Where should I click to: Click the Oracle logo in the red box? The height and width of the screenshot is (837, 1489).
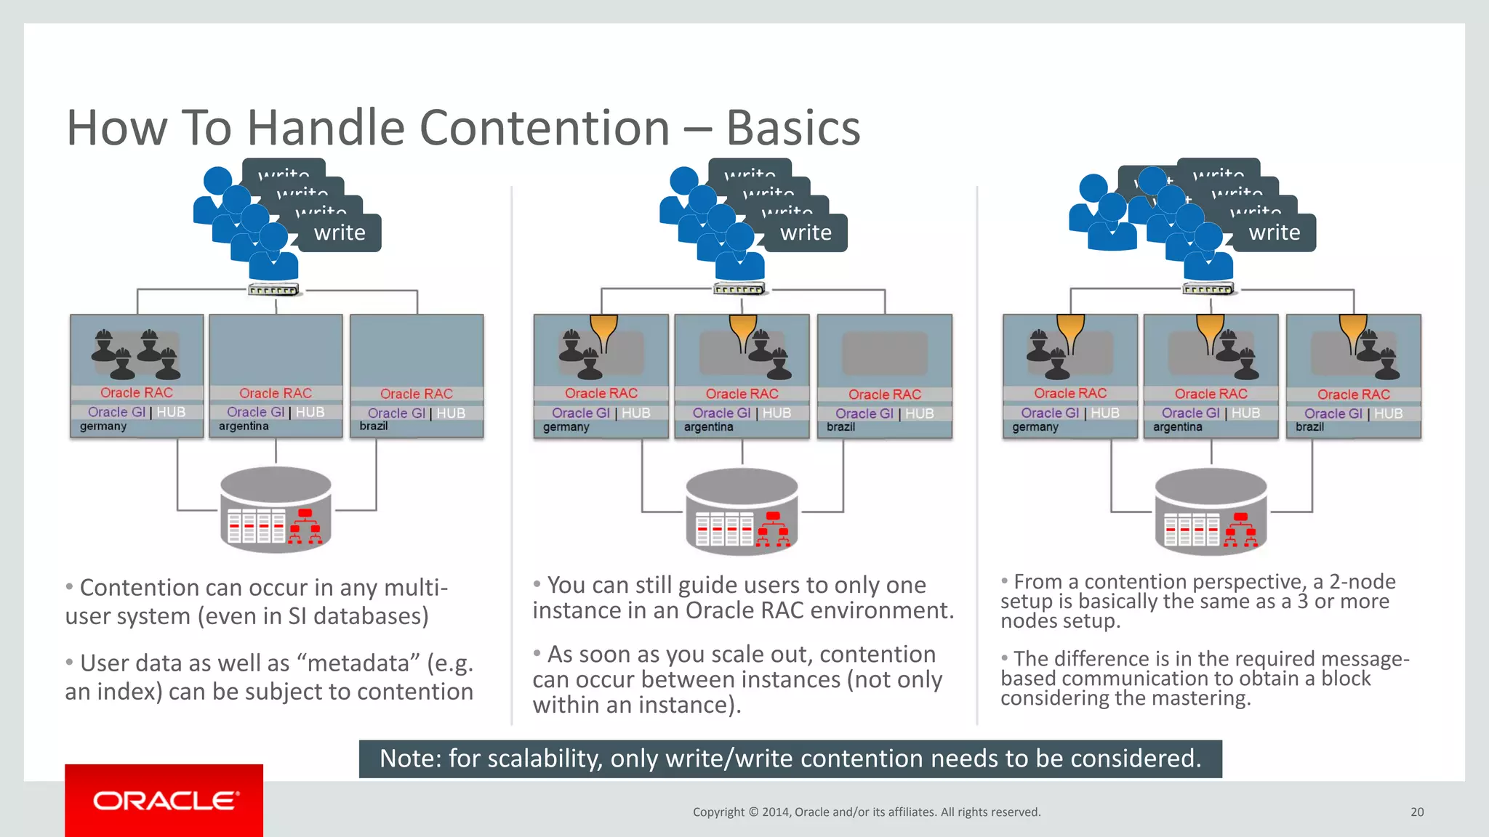(x=165, y=801)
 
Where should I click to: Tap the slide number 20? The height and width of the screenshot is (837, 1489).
(x=1417, y=812)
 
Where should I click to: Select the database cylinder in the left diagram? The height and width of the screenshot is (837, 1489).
(x=276, y=509)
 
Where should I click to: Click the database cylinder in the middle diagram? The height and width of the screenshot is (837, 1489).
(x=742, y=511)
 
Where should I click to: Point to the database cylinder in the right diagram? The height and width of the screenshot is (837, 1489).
(x=1211, y=511)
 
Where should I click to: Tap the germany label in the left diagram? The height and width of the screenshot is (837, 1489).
(x=103, y=426)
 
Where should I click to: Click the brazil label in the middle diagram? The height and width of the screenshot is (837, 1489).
(x=840, y=427)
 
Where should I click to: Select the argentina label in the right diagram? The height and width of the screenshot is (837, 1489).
(x=1177, y=427)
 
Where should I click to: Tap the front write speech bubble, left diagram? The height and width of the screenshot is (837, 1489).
(x=340, y=233)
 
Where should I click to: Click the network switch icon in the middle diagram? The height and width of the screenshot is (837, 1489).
(x=739, y=289)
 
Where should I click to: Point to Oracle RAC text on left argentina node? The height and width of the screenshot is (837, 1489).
(x=276, y=393)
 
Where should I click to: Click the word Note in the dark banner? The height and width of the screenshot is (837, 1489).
(x=408, y=759)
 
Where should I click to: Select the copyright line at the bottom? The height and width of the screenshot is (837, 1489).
(x=866, y=812)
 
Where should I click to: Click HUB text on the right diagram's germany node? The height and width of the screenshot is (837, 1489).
(x=1104, y=413)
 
